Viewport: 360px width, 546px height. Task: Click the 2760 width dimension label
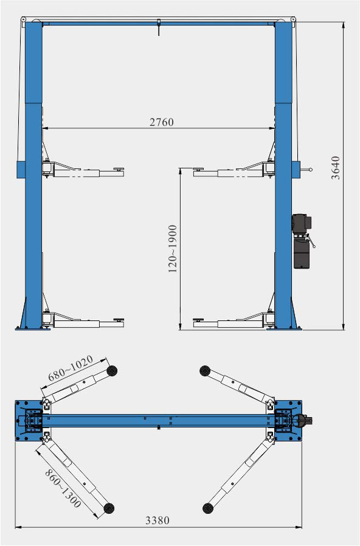(x=162, y=122)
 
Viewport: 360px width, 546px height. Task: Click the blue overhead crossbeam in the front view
(x=158, y=23)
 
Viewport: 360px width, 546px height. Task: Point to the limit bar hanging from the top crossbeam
(x=158, y=29)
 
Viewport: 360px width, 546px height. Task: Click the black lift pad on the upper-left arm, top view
(x=111, y=370)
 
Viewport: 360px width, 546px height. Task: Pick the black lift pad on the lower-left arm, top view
(x=110, y=508)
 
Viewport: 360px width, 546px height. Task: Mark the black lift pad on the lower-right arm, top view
(x=207, y=507)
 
